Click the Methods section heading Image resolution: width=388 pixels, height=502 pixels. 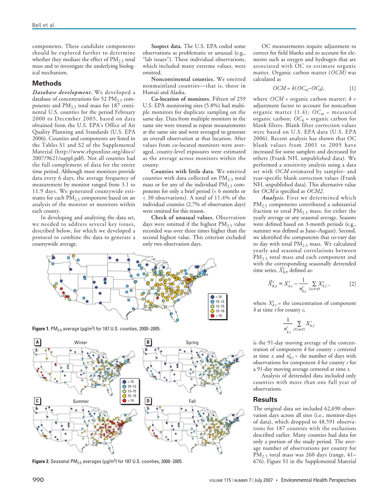(x=47, y=84)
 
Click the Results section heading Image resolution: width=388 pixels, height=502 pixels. (x=266, y=400)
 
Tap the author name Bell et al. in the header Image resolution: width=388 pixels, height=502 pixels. (x=44, y=25)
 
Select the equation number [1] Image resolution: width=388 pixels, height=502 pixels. (x=353, y=88)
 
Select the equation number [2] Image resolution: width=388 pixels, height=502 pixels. (x=353, y=284)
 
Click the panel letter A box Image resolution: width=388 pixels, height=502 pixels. (x=37, y=342)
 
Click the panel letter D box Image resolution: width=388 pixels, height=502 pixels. (x=148, y=401)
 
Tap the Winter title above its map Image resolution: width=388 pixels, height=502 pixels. (x=81, y=343)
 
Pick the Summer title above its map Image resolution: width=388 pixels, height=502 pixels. (x=81, y=401)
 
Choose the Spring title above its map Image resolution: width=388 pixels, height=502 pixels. (x=192, y=343)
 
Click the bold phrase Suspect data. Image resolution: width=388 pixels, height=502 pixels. (x=166, y=46)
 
